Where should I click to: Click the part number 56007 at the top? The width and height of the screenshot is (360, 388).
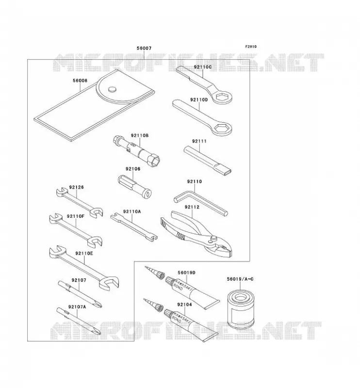(144, 48)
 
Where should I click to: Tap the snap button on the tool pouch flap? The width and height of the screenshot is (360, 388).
(112, 89)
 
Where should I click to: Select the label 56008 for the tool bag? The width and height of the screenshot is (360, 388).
(80, 81)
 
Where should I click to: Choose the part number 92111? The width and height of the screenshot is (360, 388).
(199, 141)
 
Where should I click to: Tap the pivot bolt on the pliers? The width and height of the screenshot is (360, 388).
(213, 239)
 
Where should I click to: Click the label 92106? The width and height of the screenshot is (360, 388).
(133, 169)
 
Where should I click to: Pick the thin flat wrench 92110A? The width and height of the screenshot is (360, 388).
(134, 227)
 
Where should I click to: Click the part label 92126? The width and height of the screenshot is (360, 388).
(76, 187)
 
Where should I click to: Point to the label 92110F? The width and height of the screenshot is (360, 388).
(76, 216)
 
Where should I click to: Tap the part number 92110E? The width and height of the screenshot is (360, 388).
(84, 253)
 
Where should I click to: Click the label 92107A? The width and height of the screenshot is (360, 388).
(77, 307)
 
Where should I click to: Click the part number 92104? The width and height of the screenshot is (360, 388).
(184, 305)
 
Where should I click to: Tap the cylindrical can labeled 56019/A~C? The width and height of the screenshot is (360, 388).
(241, 309)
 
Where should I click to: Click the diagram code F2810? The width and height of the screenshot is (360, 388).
(251, 47)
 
